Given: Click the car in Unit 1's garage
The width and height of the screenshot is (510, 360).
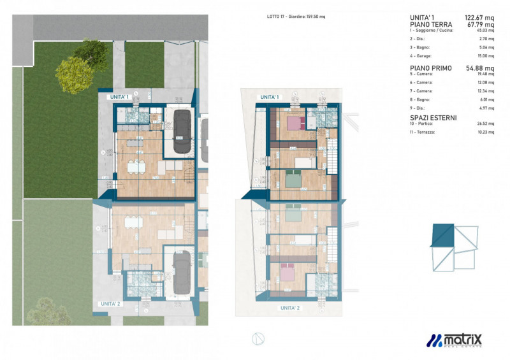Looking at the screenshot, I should (x=181, y=132).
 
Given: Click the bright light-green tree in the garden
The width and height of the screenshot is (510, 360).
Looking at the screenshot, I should (x=74, y=75).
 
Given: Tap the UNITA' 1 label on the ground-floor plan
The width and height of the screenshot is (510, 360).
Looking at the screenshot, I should (x=119, y=97).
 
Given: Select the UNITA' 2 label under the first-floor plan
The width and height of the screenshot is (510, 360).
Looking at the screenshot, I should (x=290, y=308).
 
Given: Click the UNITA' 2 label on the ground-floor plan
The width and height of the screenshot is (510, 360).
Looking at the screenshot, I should (x=110, y=304).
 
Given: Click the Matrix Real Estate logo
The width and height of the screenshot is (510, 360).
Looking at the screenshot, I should (x=454, y=341).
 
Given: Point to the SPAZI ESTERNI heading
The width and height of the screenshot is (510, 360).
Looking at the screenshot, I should (x=433, y=118).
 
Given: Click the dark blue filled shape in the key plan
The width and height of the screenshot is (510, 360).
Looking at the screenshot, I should (x=441, y=235).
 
